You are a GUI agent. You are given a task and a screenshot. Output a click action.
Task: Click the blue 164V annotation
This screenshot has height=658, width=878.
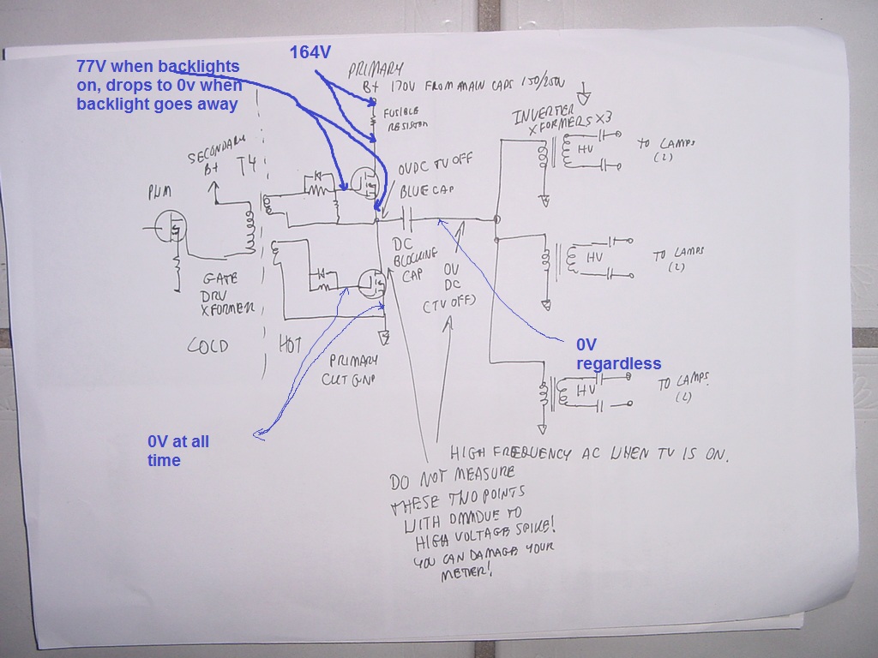point(310,53)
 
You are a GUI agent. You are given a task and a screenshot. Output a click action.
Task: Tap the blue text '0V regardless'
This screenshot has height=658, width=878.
point(618,354)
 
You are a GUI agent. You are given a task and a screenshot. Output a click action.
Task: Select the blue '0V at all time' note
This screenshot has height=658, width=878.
point(177,451)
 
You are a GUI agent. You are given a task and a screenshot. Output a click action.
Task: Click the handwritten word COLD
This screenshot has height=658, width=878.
point(208,346)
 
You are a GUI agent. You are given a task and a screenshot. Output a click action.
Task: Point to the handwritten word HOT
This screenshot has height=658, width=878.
point(292,344)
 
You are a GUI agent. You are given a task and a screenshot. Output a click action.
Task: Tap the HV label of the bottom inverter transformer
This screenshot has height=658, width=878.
point(586,390)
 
